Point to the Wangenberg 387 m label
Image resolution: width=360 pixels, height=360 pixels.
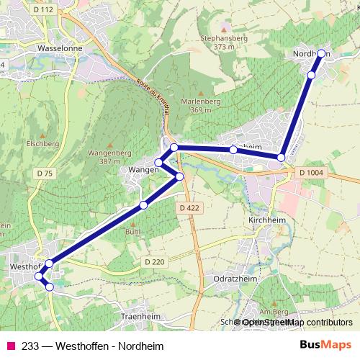pyautogui.click(x=108, y=157)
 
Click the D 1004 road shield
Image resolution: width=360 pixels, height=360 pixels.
pyautogui.click(x=311, y=173)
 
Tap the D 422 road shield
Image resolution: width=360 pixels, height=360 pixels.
pyautogui.click(x=187, y=207)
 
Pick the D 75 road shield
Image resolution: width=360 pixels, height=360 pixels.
pyautogui.click(x=44, y=174)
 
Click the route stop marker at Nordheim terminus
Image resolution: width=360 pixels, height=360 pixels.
pyautogui.click(x=321, y=54)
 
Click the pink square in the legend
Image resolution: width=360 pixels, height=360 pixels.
pyautogui.click(x=10, y=345)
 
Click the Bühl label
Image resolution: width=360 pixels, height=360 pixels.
pyautogui.click(x=132, y=233)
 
